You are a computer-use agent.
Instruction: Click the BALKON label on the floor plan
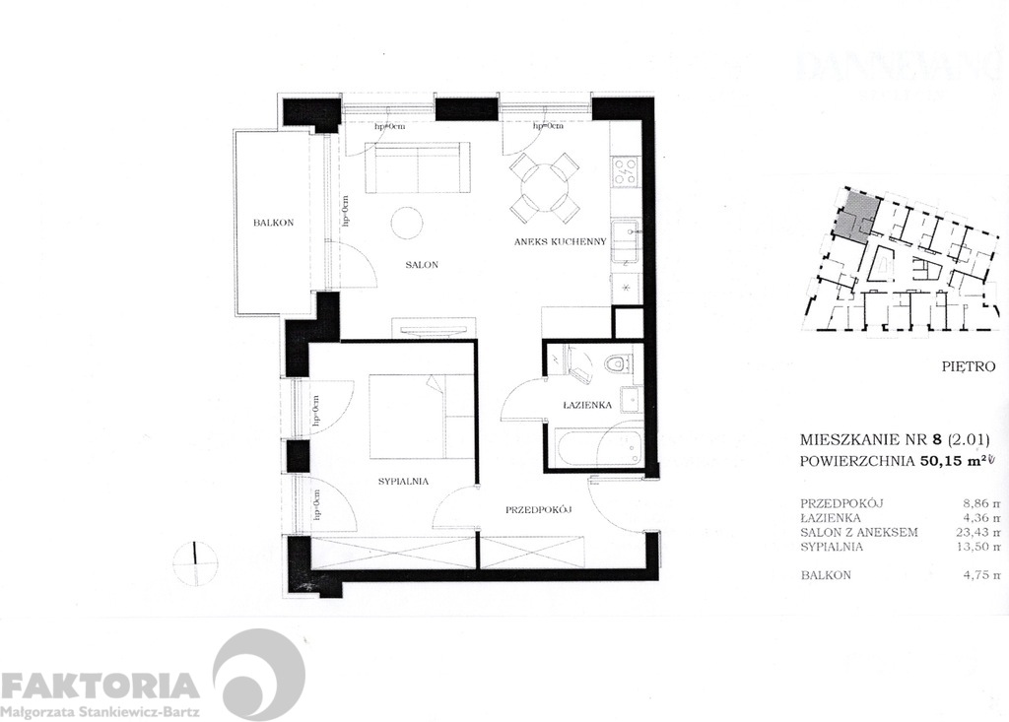[x=269, y=224]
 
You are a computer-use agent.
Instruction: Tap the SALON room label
[x=421, y=266]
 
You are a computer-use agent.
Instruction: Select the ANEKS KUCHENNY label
[x=552, y=242]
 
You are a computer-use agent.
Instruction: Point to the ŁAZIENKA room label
[x=588, y=405]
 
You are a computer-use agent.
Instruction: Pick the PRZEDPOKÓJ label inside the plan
[x=539, y=510]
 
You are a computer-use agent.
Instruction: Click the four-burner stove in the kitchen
[x=625, y=173]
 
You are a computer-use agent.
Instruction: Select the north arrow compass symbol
[x=196, y=560]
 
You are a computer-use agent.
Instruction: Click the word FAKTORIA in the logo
[x=100, y=685]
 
